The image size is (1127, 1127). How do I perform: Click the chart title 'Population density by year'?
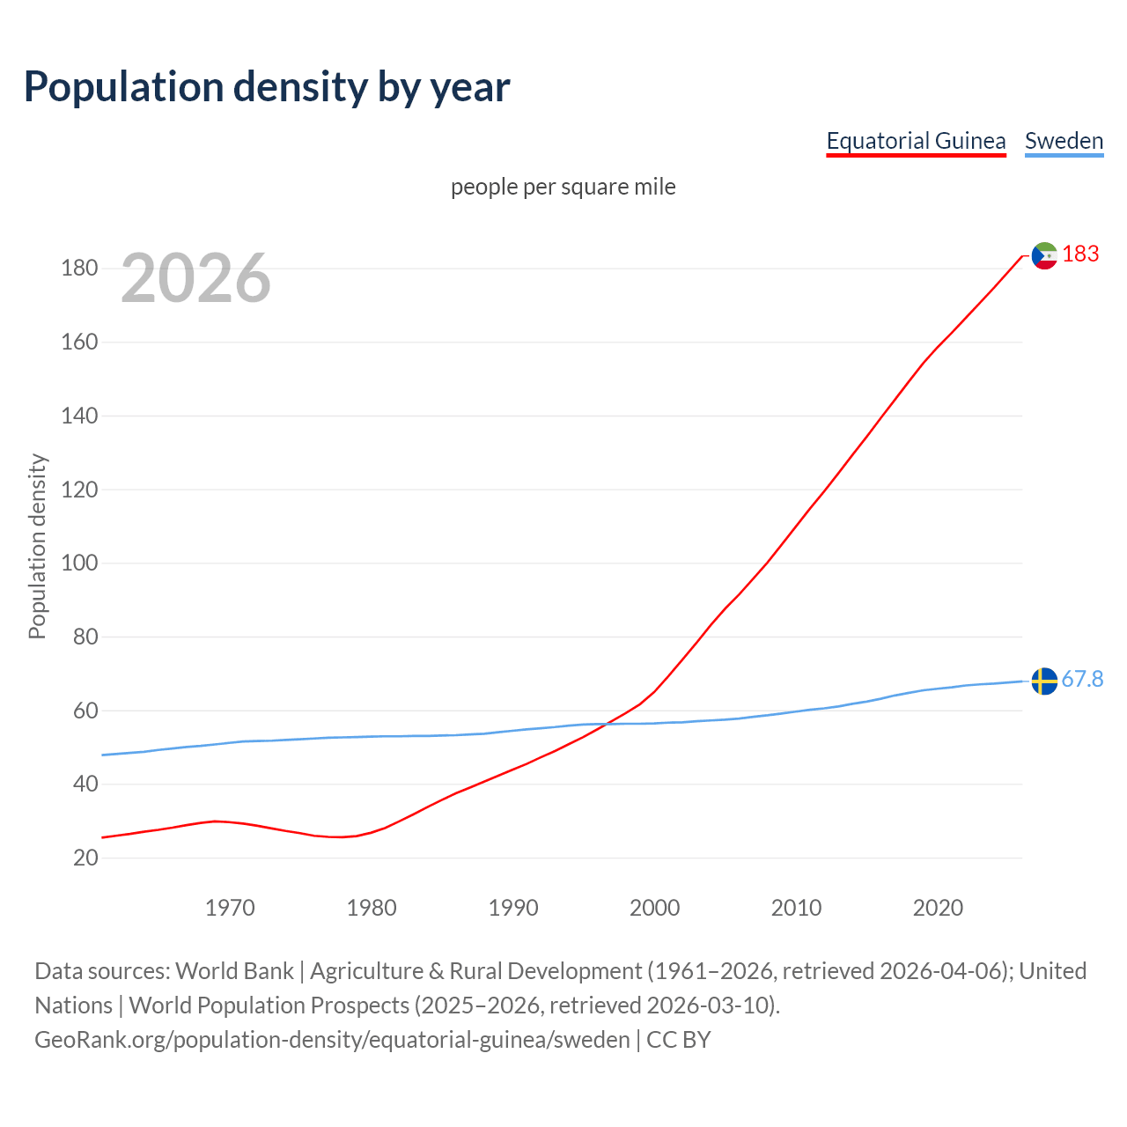click(267, 86)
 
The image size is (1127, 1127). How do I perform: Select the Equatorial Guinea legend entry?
click(916, 141)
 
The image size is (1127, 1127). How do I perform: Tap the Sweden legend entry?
click(1064, 141)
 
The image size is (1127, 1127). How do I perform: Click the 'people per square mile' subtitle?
click(563, 187)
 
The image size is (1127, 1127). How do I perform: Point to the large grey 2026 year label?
click(195, 278)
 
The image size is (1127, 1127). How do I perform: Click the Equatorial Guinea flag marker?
click(1044, 255)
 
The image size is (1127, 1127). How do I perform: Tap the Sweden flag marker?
click(1044, 681)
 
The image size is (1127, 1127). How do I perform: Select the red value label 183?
click(1080, 254)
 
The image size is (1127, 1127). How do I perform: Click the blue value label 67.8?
click(1082, 679)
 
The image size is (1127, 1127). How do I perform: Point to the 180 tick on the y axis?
click(79, 269)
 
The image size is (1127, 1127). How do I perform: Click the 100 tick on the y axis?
click(79, 563)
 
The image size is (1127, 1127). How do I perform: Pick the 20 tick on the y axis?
click(85, 858)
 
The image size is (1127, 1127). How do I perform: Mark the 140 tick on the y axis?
click(79, 416)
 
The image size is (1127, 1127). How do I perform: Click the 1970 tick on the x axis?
click(230, 908)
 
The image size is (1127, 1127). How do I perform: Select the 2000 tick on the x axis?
click(654, 908)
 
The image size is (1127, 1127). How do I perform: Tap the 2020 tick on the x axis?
click(938, 908)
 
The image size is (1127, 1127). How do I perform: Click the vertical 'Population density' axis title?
click(37, 546)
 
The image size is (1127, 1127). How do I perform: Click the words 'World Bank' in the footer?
click(234, 970)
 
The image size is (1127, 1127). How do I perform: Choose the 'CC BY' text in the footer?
click(678, 1039)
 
